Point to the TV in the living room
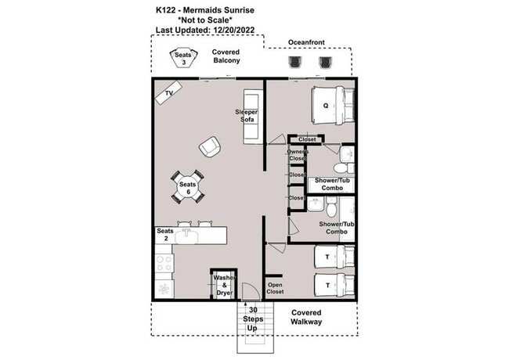tap(167, 95)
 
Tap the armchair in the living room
tap(209, 146)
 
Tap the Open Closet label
tap(275, 289)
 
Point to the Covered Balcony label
tap(226, 56)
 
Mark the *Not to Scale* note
tap(207, 20)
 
